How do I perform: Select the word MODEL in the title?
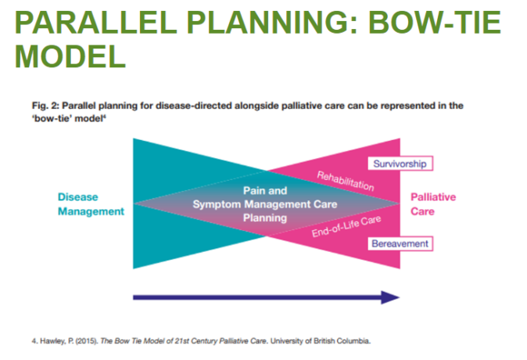pyautogui.click(x=70, y=56)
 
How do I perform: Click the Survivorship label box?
pyautogui.click(x=400, y=164)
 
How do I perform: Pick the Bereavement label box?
pyautogui.click(x=400, y=243)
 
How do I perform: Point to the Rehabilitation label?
pyautogui.click(x=345, y=181)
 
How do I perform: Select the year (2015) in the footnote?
pyautogui.click(x=82, y=340)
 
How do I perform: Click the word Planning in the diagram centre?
pyautogui.click(x=265, y=218)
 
